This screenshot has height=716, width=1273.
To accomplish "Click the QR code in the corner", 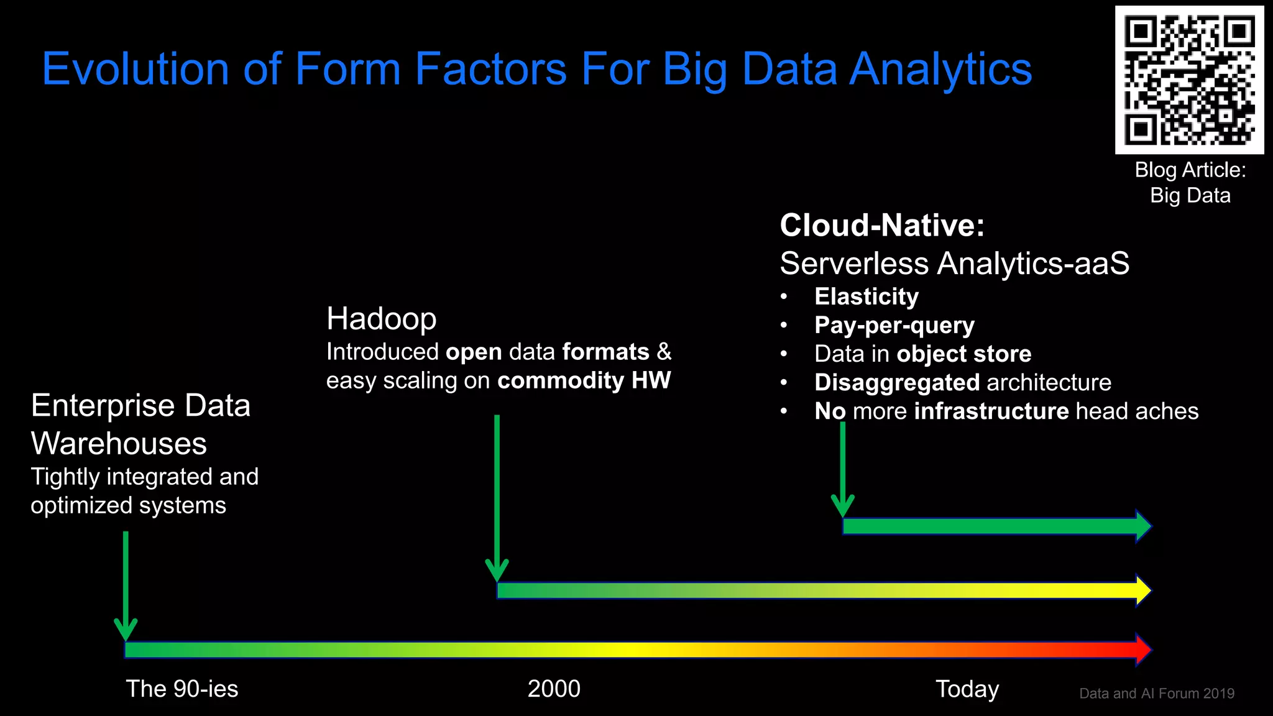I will pos(1189,80).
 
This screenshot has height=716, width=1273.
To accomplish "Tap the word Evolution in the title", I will pos(136,69).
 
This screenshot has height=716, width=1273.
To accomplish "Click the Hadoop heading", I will pos(381,319).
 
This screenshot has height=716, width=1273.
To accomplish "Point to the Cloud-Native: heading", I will pos(882,225).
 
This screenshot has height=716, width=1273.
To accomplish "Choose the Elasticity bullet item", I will pos(866,296).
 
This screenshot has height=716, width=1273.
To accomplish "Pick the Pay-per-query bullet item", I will pos(894,325).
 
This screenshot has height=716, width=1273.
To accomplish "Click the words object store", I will pos(963,354).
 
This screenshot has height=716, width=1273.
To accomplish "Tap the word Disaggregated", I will pos(897,382).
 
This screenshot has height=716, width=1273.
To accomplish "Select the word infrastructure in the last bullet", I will pos(991,411).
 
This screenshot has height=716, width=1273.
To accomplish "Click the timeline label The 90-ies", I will pos(182,689).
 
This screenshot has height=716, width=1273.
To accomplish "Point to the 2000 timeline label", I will pos(554,689).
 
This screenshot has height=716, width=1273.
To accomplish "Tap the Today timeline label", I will pos(967,689).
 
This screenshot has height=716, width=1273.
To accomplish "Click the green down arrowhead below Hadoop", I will pos(497,571).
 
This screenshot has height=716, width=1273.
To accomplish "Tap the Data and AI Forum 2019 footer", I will pos(1156,694).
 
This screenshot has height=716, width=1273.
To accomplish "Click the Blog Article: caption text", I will pos(1190,170).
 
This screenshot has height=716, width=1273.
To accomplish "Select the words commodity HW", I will pos(584,380).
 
